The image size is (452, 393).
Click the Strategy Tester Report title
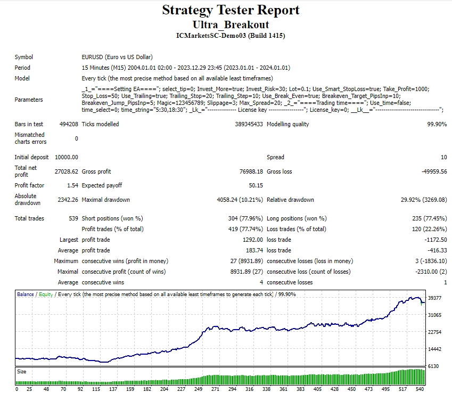pyautogui.click(x=231, y=10)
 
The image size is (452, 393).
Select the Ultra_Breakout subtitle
pyautogui.click(x=231, y=24)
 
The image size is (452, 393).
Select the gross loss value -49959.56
pyautogui.click(x=432, y=171)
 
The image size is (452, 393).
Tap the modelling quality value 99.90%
pyautogui.click(x=436, y=124)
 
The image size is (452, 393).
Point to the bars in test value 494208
pyautogui.click(x=69, y=124)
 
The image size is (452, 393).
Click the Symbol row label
pyautogui.click(x=24, y=57)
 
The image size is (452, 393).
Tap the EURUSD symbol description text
pyautogui.click(x=117, y=57)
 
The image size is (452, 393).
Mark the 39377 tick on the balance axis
pyautogui.click(x=434, y=298)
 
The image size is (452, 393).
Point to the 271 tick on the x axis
pyautogui.click(x=215, y=389)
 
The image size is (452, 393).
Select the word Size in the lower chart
pyautogui.click(x=22, y=371)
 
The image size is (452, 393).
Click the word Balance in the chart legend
pyautogui.click(x=26, y=294)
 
